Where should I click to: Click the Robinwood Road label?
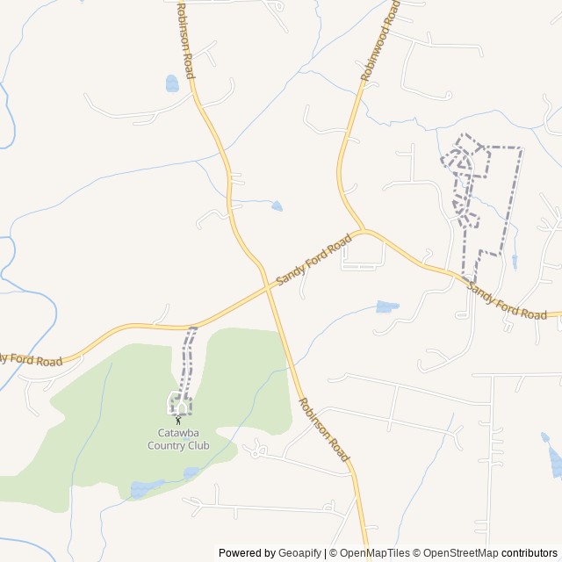tap(379, 42)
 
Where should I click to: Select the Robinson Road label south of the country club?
tap(324, 429)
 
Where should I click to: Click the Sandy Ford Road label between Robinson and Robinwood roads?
tap(313, 259)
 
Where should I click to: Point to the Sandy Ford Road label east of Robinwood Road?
tap(507, 300)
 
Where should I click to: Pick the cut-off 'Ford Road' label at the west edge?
tap(31, 359)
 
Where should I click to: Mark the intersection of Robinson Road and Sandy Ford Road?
tap(268, 286)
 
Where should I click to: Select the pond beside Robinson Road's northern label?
tap(172, 83)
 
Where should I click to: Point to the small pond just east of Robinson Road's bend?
tap(277, 206)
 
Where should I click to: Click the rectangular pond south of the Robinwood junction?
tap(386, 306)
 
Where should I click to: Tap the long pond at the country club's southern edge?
tap(146, 487)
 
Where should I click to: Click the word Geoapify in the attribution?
tap(300, 553)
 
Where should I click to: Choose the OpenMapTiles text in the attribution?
tap(368, 553)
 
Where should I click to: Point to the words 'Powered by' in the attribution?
tap(247, 553)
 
